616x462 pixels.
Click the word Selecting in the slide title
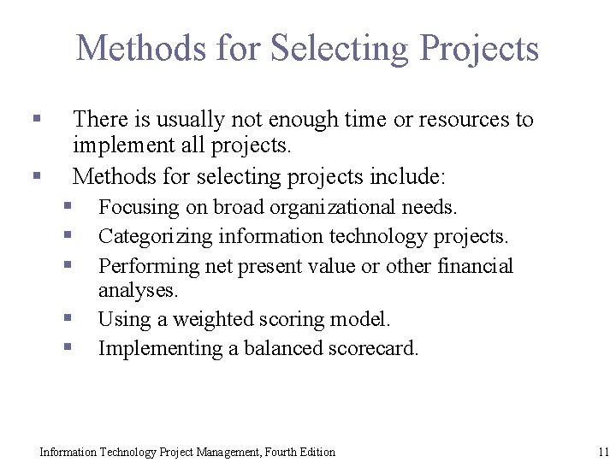(342, 48)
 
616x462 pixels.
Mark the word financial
(475, 266)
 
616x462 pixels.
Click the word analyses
(138, 290)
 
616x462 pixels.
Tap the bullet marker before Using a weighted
(68, 318)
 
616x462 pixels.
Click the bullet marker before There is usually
(36, 118)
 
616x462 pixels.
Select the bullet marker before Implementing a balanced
(68, 347)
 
